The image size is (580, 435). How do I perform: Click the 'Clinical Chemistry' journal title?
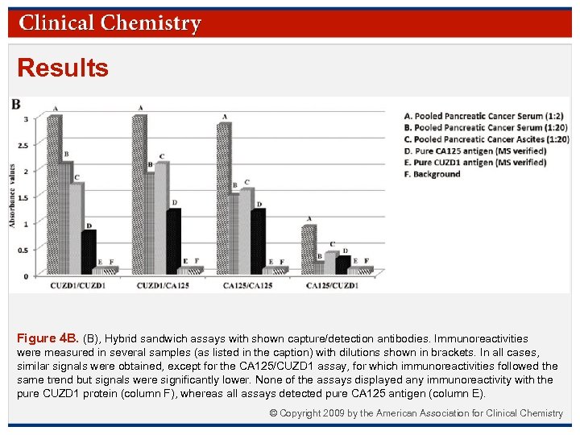pyautogui.click(x=110, y=23)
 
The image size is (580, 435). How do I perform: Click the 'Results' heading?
pyautogui.click(x=63, y=68)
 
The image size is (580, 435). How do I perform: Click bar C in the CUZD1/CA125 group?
pyautogui.click(x=162, y=217)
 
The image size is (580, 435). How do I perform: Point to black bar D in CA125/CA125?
pyautogui.click(x=258, y=242)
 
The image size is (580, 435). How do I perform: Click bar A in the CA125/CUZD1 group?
pyautogui.click(x=309, y=250)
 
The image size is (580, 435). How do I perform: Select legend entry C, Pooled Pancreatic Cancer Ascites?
pyautogui.click(x=486, y=139)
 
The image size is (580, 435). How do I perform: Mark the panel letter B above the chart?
pyautogui.click(x=15, y=105)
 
